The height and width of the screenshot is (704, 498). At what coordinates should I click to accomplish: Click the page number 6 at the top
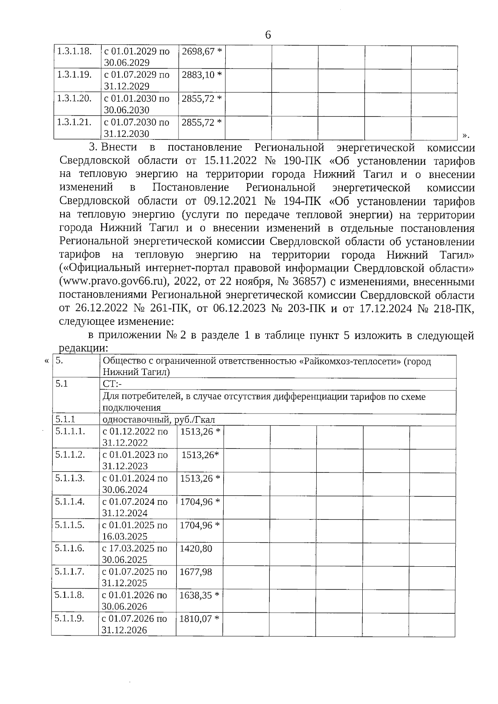point(268,35)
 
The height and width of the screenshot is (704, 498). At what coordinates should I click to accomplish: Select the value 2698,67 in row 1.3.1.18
point(198,51)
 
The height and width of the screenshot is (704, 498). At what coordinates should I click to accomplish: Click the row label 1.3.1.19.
point(74,75)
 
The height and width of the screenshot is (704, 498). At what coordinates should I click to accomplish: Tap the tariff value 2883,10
point(198,75)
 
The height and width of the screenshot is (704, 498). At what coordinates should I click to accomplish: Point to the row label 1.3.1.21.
point(74,122)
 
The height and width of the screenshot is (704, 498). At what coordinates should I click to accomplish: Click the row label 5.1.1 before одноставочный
point(68,419)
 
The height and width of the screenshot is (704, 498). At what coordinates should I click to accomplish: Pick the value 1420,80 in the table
point(196,548)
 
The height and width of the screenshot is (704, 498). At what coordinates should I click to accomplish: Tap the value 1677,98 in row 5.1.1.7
point(196,572)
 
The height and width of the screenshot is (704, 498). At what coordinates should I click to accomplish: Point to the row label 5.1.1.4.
point(70,502)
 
